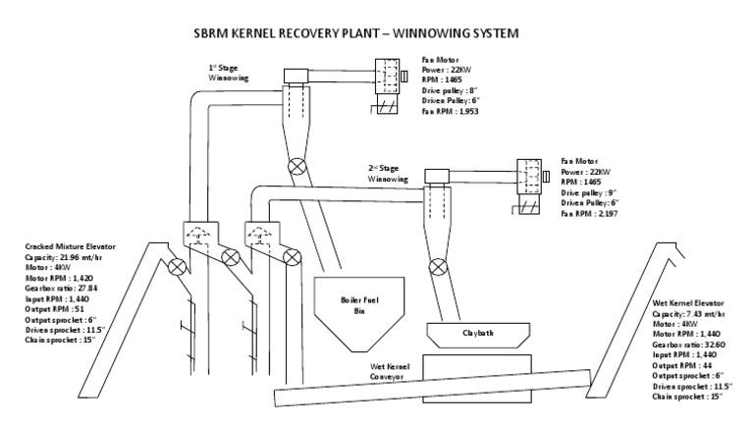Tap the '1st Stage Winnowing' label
pos(228,73)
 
